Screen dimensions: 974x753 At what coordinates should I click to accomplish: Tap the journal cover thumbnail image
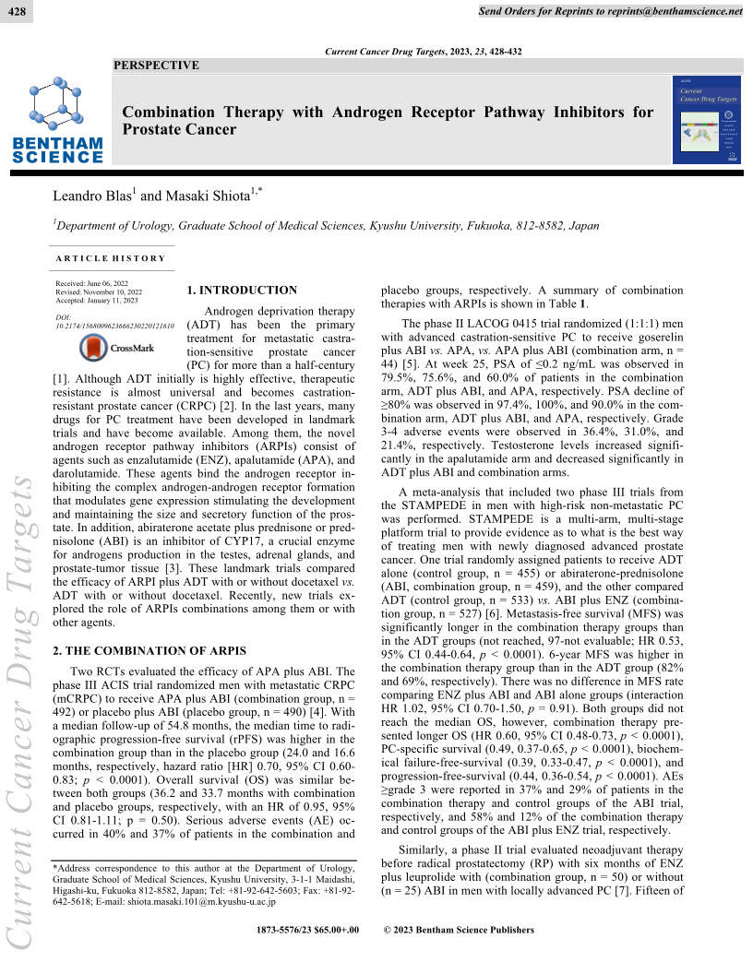tap(707, 120)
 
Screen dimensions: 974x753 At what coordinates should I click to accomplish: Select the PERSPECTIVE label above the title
tap(155, 65)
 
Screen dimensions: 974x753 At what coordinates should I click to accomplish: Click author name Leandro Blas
tap(94, 196)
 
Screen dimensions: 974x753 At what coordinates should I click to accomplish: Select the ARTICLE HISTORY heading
tap(110, 258)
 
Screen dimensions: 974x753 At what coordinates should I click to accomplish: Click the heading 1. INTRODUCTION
tap(242, 290)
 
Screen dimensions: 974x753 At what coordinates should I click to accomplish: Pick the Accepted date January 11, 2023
tap(97, 301)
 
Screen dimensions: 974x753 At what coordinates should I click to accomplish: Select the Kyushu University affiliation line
tap(313, 225)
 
